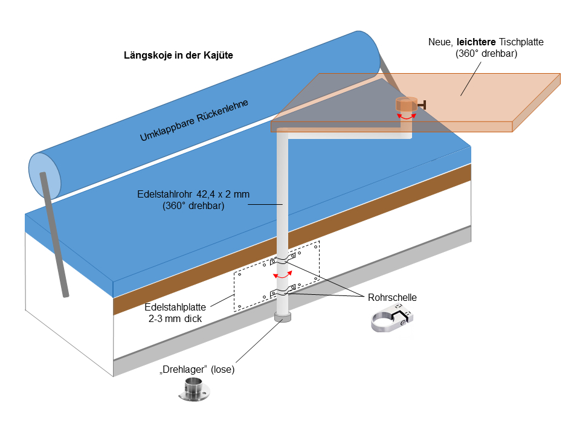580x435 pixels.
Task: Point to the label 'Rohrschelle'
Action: point(392,297)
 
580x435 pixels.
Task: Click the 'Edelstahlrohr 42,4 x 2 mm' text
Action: point(193,195)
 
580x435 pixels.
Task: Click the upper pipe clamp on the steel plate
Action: point(283,262)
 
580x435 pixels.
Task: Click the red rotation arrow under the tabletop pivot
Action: point(406,117)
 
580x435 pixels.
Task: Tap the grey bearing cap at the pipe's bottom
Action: point(282,317)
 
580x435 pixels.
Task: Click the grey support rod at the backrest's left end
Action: point(54,236)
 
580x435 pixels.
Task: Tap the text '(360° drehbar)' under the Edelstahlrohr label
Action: point(193,206)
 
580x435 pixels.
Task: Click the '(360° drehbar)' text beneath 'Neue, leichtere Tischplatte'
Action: point(486,54)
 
